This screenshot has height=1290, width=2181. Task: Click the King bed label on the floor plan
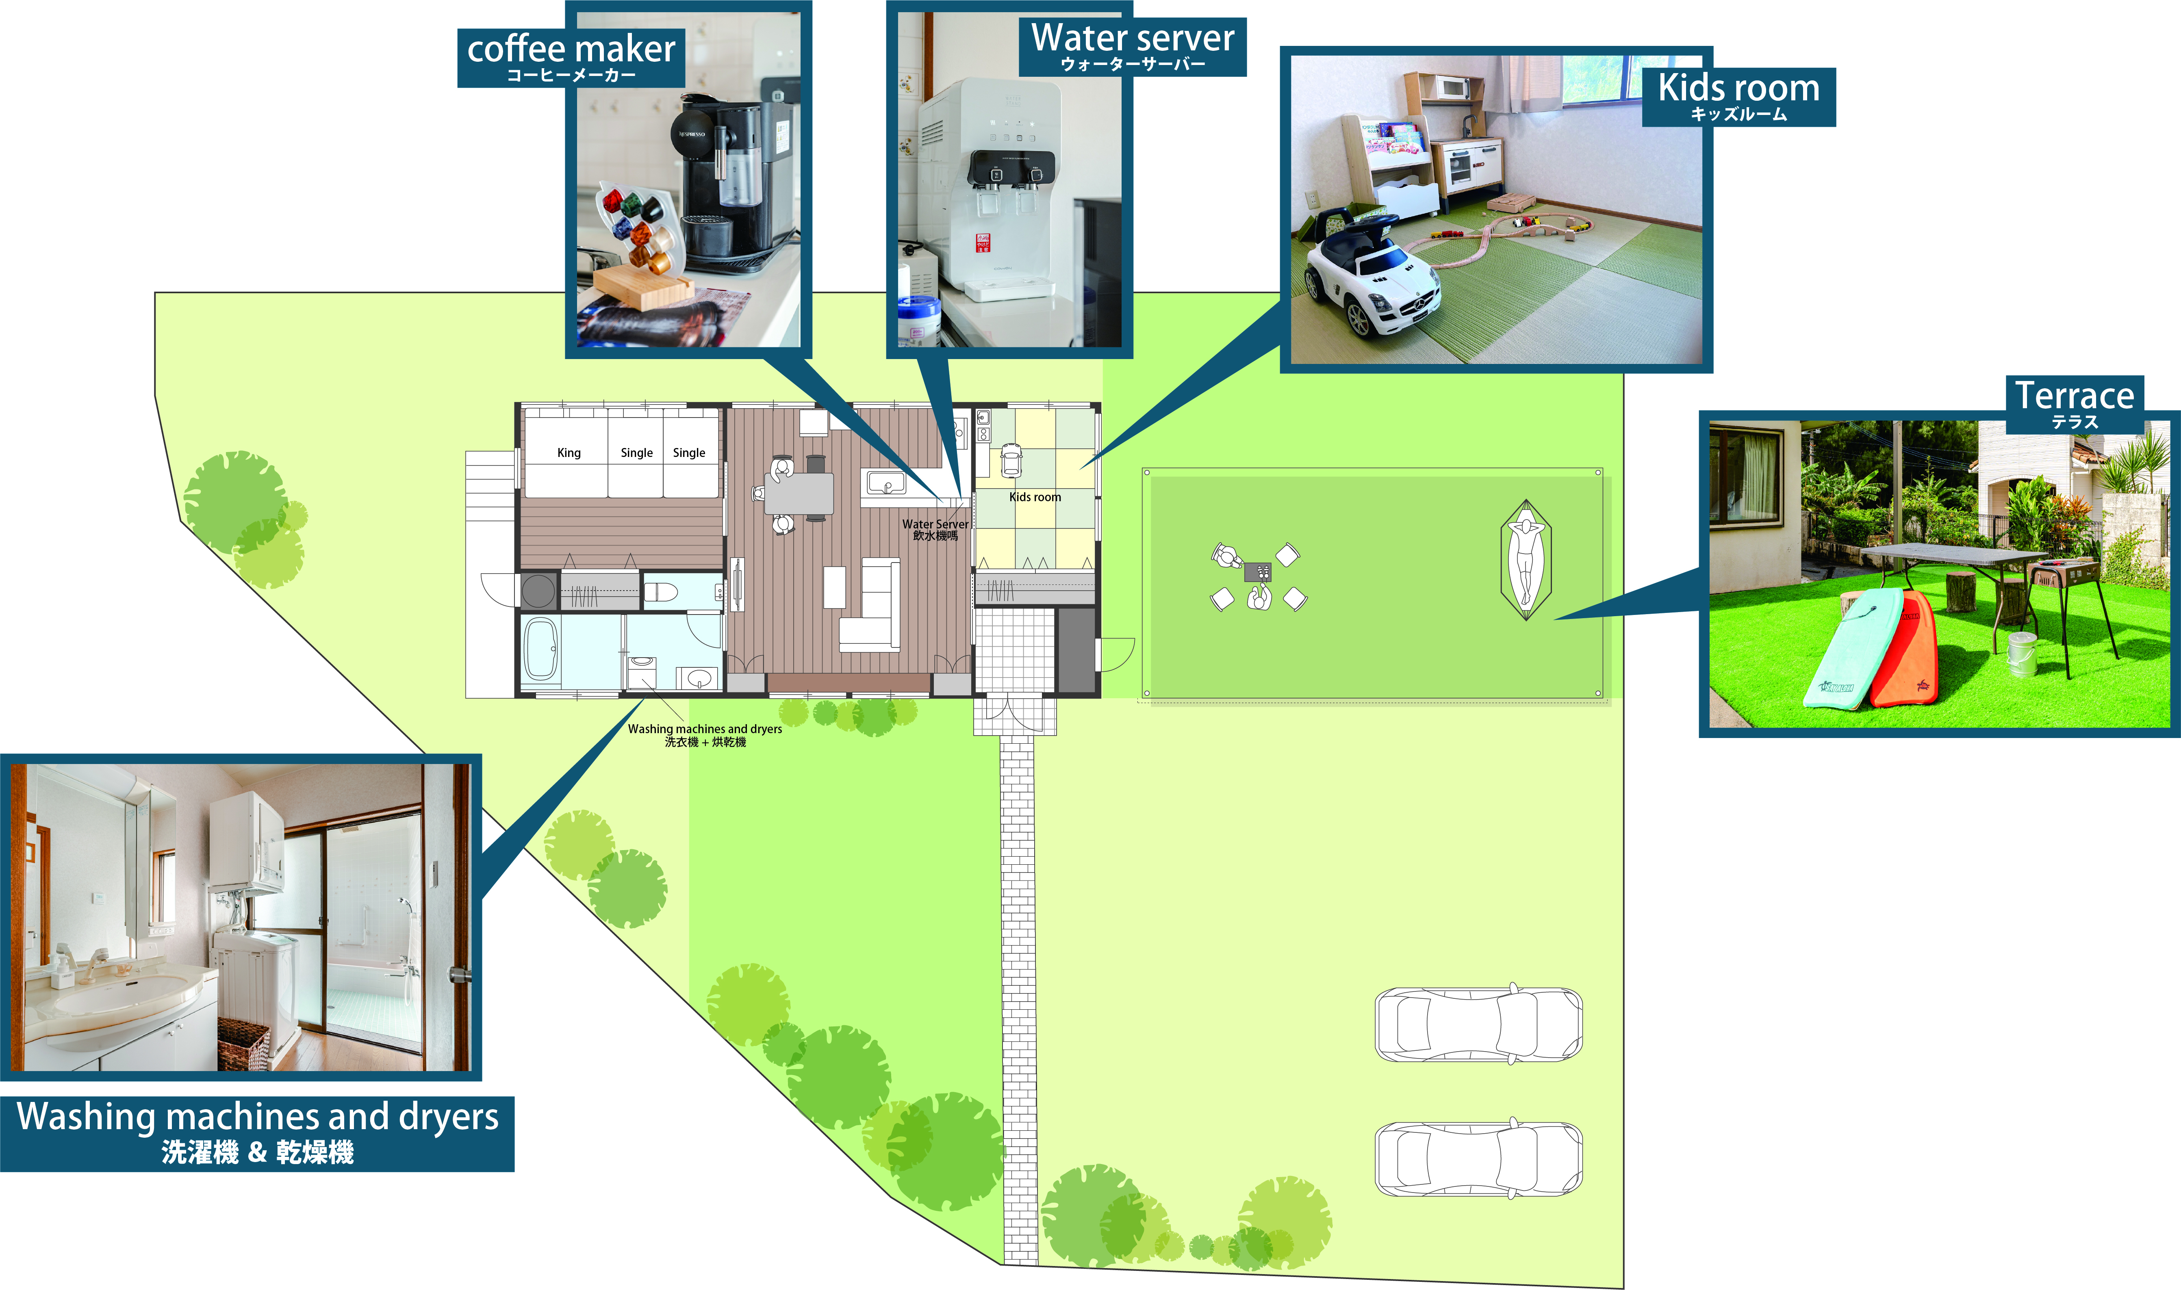569,453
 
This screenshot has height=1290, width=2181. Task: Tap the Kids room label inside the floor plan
1035,497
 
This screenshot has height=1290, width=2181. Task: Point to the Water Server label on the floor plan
935,524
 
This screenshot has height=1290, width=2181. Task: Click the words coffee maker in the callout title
571,49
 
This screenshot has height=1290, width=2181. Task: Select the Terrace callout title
2075,396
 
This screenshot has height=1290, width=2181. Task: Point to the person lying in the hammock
1525,560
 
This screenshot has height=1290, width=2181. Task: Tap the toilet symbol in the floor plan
661,592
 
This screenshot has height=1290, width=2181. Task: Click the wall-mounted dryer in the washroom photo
246,842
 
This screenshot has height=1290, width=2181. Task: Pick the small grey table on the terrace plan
1257,572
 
